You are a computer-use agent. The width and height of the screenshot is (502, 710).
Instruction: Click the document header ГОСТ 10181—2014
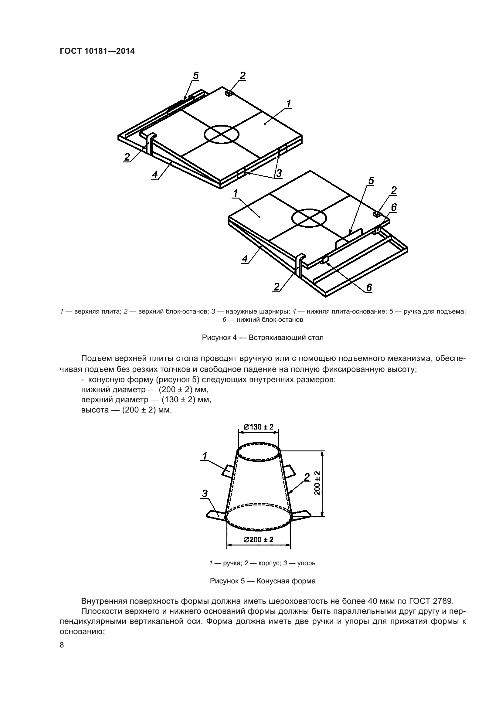97,51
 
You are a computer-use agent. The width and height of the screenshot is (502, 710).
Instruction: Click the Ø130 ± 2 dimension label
258,427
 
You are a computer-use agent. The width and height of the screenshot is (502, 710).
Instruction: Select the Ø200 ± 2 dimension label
258,540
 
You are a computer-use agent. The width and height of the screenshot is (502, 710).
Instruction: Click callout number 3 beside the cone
205,494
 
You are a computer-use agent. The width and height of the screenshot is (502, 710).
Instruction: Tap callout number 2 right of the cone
307,477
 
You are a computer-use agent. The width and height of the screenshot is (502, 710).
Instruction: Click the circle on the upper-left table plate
222,134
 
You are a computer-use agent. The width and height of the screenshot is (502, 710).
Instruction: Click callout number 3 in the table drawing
279,173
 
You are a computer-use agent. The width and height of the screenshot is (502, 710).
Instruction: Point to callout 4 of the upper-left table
154,175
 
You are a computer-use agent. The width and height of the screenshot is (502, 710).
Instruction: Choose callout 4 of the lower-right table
245,259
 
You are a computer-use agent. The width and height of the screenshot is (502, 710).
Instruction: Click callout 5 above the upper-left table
195,76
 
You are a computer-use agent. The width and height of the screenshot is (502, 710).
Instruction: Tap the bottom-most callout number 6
369,288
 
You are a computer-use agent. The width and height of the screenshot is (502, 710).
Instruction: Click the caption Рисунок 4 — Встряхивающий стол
263,337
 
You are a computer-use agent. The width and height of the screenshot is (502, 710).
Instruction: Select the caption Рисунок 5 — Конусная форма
263,581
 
